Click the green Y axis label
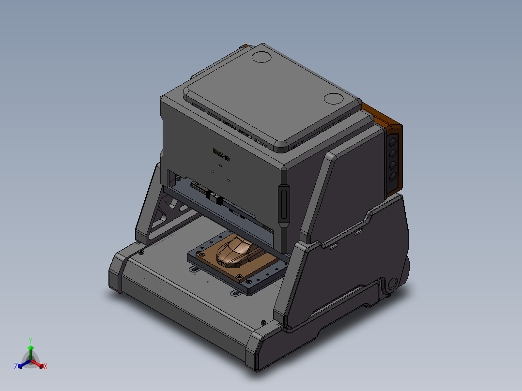[x=30, y=340]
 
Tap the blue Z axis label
[x=16, y=366]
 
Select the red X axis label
[x=46, y=367]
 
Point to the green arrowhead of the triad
[x=31, y=347]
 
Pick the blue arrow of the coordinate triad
[x=22, y=364]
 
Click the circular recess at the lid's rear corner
[x=262, y=57]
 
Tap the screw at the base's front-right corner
[x=263, y=322]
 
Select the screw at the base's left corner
[x=141, y=252]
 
